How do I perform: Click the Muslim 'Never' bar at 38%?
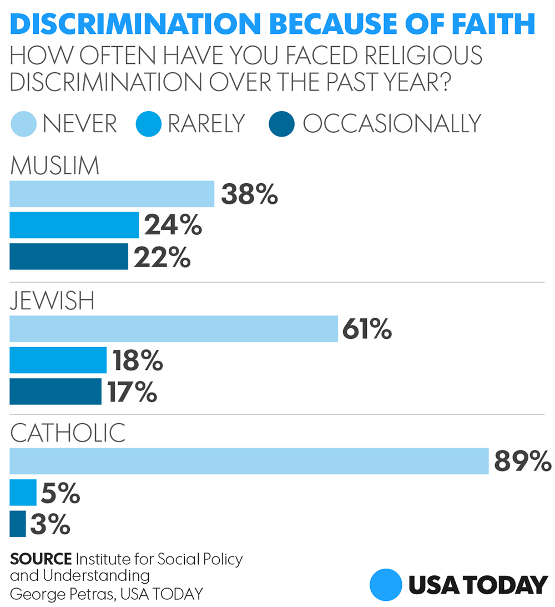click(x=112, y=194)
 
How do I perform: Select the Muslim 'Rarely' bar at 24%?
click(x=74, y=225)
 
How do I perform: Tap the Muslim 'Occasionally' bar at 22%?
click(x=69, y=257)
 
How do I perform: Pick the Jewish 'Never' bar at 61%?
click(x=174, y=329)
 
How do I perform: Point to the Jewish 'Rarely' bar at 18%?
click(x=58, y=360)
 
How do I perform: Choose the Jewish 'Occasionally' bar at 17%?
click(x=56, y=392)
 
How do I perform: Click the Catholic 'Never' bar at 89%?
click(x=249, y=461)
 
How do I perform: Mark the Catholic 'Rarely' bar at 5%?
click(x=23, y=493)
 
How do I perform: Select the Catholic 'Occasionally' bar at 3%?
click(x=18, y=524)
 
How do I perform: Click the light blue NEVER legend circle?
click(x=24, y=123)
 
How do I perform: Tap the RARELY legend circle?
click(x=149, y=123)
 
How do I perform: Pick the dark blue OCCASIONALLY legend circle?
click(x=281, y=123)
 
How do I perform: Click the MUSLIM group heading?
click(x=54, y=165)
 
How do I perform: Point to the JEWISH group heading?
click(x=52, y=301)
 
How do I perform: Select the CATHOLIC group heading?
click(x=68, y=433)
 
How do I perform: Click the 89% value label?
click(x=522, y=461)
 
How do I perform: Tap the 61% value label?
click(x=367, y=329)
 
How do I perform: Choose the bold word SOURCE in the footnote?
click(x=41, y=558)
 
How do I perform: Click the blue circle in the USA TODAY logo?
click(x=385, y=585)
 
